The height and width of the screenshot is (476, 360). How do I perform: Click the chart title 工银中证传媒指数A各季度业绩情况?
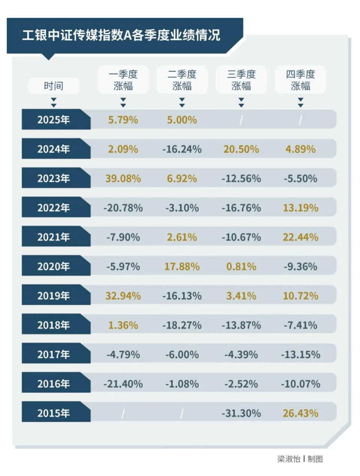coord(121,35)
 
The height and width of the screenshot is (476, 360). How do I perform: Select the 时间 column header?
coord(53,86)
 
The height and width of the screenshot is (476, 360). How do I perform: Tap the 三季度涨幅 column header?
coord(241,80)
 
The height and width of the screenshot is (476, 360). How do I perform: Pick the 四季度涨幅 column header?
coord(300,80)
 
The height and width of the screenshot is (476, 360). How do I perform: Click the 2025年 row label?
coord(53,120)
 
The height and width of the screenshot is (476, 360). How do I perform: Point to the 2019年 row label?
coord(53,296)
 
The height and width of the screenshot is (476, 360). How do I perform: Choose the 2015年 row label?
coord(53,413)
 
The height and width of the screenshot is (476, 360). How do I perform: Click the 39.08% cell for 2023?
coord(123,178)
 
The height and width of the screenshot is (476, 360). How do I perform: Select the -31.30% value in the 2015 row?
coord(241,413)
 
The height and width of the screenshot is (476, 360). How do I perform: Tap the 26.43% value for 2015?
coord(300,413)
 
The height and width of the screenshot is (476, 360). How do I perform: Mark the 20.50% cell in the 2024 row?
coord(241,149)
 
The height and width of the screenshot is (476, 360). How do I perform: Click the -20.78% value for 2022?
coord(123,208)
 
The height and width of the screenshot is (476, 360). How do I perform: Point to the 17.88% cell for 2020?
coord(182,267)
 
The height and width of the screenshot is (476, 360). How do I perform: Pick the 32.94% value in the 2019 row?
coord(123,296)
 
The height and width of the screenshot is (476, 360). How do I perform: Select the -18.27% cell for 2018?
coord(182,325)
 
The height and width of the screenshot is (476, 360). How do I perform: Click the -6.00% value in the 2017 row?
coord(182,354)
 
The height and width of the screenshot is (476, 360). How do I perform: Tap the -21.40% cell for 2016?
coord(123,384)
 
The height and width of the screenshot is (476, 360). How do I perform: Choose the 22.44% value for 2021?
coord(300,237)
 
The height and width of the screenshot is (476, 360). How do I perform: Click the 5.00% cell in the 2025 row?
coord(182,120)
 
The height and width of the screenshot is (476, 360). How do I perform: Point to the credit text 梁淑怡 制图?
coord(300,459)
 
